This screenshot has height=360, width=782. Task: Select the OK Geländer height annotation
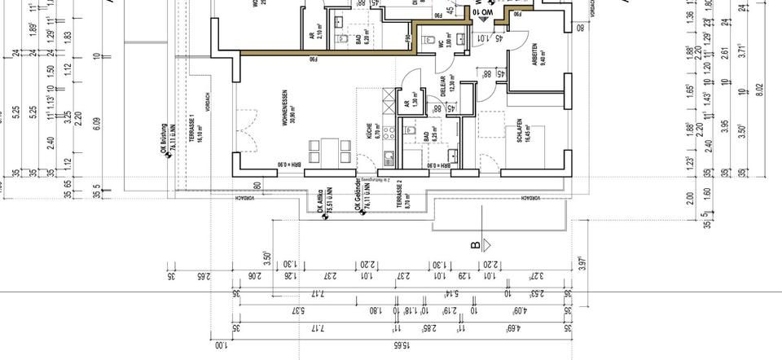click(359, 196)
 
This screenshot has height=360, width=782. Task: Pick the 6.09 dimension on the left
click(97, 123)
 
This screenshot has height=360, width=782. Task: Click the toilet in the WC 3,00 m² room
click(463, 37)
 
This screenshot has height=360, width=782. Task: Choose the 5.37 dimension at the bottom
click(298, 310)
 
